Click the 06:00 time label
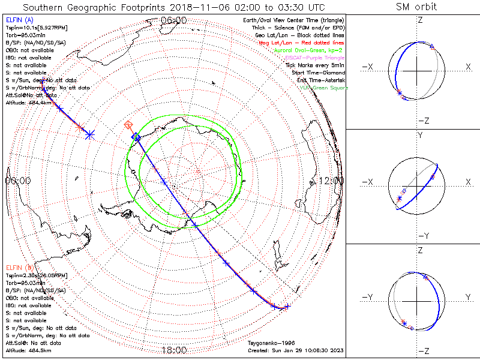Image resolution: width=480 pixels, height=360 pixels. pyautogui.click(x=173, y=20)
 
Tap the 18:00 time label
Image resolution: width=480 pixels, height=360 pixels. pyautogui.click(x=173, y=350)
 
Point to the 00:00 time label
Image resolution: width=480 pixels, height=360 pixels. pyautogui.click(x=17, y=181)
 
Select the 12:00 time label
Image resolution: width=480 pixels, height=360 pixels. pyautogui.click(x=332, y=181)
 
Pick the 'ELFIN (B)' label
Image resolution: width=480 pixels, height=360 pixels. pyautogui.click(x=19, y=267)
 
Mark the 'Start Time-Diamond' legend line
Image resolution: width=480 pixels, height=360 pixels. pyautogui.click(x=319, y=73)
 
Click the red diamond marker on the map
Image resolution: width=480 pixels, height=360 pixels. pyautogui.click(x=128, y=125)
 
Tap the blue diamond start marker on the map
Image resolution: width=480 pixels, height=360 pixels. pyautogui.click(x=136, y=137)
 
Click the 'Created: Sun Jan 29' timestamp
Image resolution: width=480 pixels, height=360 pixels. pyautogui.click(x=295, y=350)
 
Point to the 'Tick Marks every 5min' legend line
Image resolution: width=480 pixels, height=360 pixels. pyautogui.click(x=316, y=65)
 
